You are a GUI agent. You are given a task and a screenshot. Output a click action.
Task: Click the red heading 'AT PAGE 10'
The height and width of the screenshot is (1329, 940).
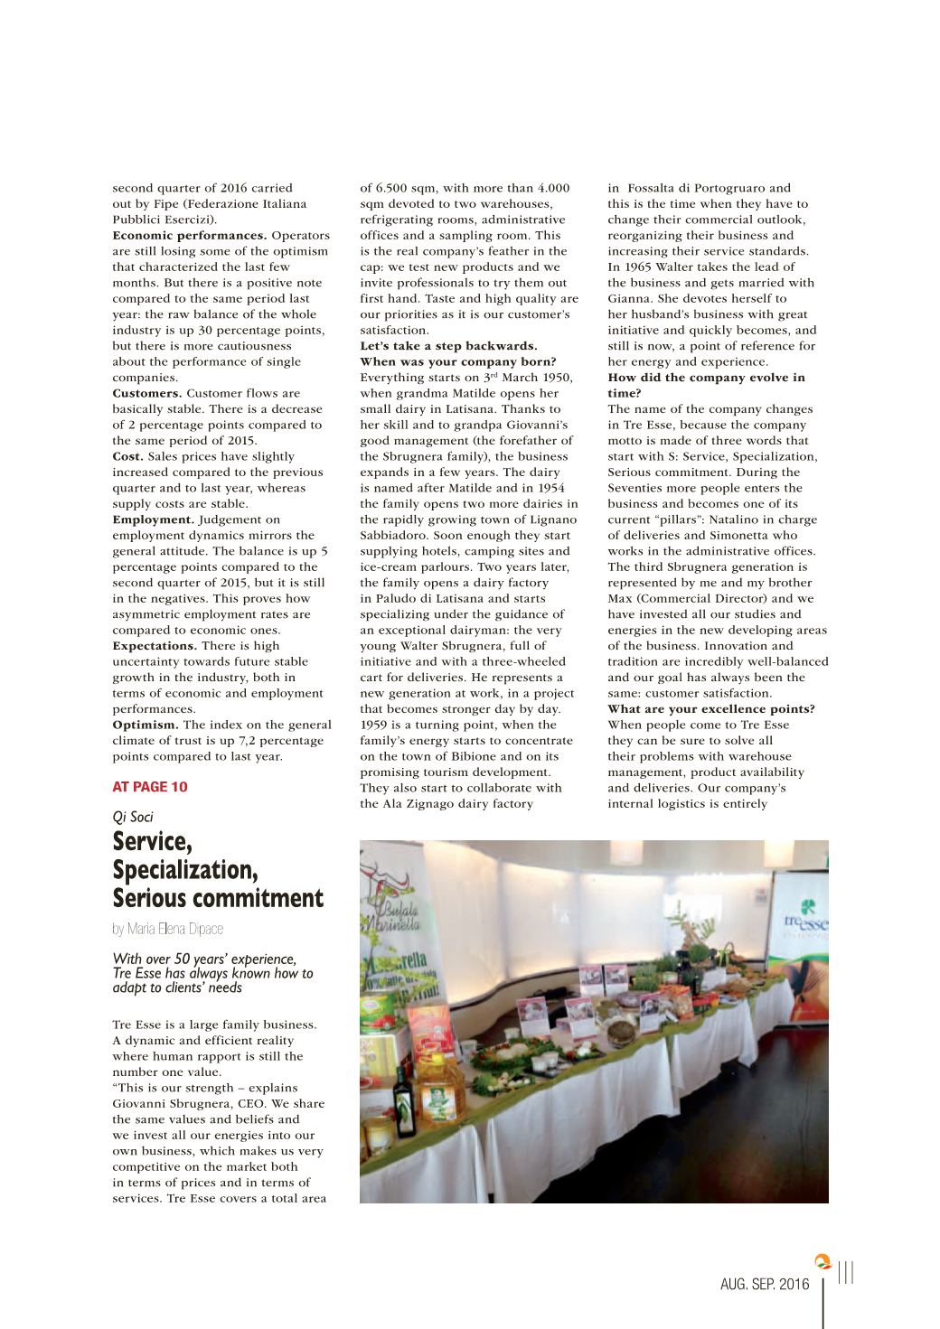click(x=150, y=787)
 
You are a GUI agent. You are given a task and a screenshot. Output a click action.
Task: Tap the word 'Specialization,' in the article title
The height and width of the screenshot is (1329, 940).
click(x=185, y=870)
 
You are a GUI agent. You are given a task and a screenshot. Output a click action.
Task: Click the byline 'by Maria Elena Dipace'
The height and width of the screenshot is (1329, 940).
click(x=167, y=929)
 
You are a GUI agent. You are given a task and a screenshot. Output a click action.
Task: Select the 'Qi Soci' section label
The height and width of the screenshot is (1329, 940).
click(x=133, y=817)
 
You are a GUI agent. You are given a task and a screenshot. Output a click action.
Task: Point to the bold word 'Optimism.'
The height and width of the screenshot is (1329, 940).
click(x=146, y=725)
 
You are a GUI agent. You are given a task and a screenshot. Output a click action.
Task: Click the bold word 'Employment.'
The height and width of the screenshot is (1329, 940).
click(x=153, y=519)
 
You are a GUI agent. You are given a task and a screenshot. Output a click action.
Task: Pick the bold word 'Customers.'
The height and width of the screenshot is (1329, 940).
click(x=146, y=393)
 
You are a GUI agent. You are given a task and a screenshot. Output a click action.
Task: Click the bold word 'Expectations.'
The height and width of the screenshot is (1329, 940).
click(x=155, y=646)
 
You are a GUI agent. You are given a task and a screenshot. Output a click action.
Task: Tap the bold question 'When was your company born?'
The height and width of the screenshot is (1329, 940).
click(x=458, y=361)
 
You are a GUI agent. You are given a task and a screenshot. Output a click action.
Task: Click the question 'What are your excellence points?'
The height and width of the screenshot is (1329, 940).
click(x=711, y=709)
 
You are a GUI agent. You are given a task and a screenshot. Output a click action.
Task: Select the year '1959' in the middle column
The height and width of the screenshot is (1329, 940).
click(x=374, y=725)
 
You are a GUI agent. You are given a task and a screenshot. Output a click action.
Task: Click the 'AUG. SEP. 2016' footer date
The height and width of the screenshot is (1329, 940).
click(x=765, y=1284)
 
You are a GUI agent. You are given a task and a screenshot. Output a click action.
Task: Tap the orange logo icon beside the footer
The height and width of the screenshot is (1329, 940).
click(x=822, y=1261)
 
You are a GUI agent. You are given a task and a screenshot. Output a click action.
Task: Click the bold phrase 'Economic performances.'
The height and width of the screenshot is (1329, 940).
click(x=190, y=236)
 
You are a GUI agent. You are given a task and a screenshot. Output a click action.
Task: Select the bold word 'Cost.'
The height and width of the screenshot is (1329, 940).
click(x=127, y=456)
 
